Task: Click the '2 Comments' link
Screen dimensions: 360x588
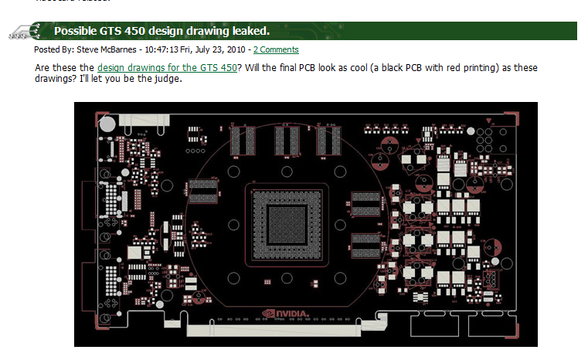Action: pos(276,49)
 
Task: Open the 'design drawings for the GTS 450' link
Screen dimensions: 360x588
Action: pos(167,68)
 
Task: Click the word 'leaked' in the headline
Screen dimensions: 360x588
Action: pos(245,31)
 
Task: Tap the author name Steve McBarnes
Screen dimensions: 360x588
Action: pos(104,49)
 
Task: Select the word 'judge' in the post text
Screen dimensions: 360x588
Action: pos(167,80)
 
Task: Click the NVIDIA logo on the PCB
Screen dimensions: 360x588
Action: pos(286,314)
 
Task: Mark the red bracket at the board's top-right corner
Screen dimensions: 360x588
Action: pos(511,116)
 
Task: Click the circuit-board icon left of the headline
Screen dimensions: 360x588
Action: pos(25,32)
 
